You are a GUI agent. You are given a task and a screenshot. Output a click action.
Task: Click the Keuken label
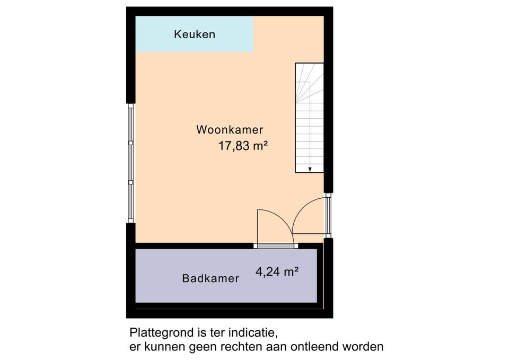195,34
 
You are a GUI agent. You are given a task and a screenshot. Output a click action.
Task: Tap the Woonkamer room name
230,129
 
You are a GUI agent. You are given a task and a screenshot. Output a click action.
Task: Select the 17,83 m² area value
243,146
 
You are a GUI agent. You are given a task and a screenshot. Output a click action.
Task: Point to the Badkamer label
210,278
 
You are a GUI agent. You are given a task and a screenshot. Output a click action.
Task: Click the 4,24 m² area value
277,271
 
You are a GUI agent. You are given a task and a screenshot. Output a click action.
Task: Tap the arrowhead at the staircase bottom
310,170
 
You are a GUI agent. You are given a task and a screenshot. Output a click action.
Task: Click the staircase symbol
309,118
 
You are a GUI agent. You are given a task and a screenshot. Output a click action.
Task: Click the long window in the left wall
131,163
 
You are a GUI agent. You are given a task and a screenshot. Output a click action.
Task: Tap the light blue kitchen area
195,34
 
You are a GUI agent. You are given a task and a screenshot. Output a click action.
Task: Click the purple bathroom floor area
226,276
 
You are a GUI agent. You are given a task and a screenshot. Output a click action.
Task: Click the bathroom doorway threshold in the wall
276,245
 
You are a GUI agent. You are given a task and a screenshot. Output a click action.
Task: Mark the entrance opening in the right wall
328,216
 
